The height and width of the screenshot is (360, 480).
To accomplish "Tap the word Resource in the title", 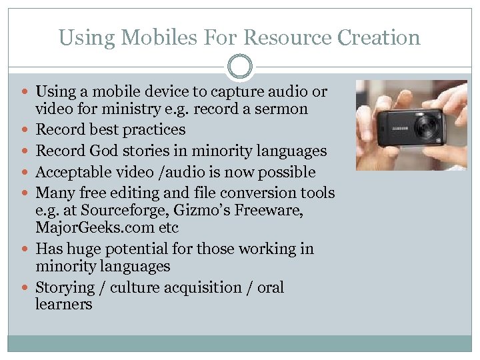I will (x=282, y=37).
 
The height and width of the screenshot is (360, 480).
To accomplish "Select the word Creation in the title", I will (x=379, y=37).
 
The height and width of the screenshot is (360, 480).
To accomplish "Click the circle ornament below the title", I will (x=240, y=67).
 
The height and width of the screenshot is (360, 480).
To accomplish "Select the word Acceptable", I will (x=75, y=172).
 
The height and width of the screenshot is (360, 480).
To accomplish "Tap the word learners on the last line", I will (x=64, y=305).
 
